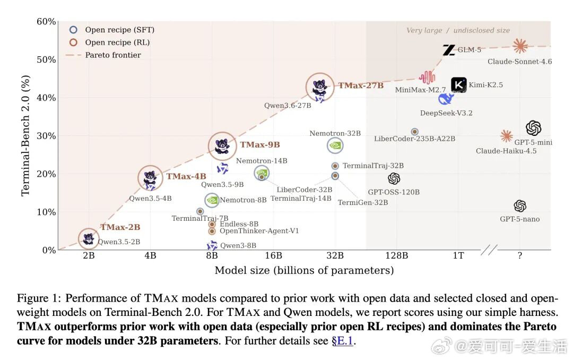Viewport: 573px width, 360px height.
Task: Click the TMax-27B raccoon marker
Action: pyautogui.click(x=320, y=87)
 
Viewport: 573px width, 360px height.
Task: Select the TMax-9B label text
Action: pyautogui.click(x=260, y=144)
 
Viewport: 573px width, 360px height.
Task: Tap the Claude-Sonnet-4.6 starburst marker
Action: pyautogui.click(x=520, y=46)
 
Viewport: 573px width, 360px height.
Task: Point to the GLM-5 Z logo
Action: pyautogui.click(x=449, y=50)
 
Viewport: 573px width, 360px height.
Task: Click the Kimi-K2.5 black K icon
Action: pyautogui.click(x=458, y=85)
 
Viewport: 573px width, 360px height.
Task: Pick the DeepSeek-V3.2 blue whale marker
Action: pyautogui.click(x=446, y=98)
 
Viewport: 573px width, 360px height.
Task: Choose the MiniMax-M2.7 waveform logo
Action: pyautogui.click(x=427, y=77)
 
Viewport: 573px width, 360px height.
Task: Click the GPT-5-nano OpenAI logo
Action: pyautogui.click(x=520, y=206)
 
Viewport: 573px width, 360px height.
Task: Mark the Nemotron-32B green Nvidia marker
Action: pyautogui.click(x=335, y=145)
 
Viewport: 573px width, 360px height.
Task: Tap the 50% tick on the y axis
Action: pyautogui.click(x=46, y=59)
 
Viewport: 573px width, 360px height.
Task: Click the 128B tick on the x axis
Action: pyautogui.click(x=396, y=255)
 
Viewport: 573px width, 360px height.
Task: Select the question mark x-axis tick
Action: pyautogui.click(x=520, y=255)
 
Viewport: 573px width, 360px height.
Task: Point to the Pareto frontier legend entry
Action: pyautogui.click(x=103, y=55)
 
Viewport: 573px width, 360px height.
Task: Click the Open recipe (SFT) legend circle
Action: pyautogui.click(x=73, y=30)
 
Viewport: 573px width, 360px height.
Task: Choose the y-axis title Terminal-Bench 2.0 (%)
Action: pyautogui.click(x=25, y=136)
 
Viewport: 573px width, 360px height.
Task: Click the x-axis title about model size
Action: pyautogui.click(x=304, y=270)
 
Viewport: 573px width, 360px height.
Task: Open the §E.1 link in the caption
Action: pyautogui.click(x=342, y=340)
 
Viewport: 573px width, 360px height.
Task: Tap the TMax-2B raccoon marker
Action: pyautogui.click(x=89, y=239)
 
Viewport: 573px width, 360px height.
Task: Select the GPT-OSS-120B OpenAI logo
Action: pyautogui.click(x=394, y=178)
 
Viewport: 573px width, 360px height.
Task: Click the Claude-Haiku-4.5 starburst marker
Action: pyautogui.click(x=507, y=136)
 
